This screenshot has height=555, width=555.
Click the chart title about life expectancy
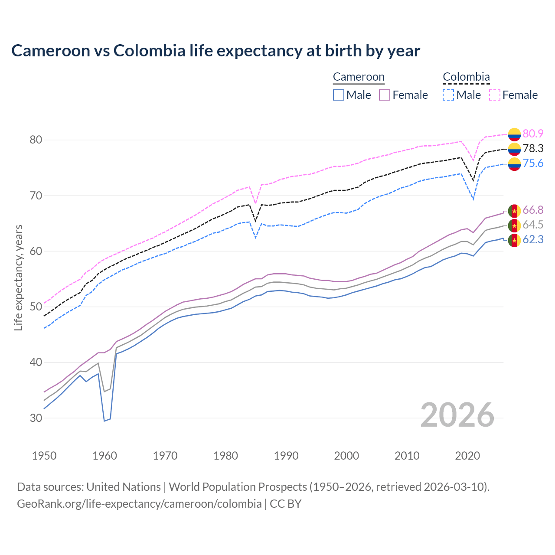pos(215,51)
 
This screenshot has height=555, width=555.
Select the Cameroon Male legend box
pos(339,95)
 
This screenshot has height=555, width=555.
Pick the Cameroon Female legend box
pos(385,95)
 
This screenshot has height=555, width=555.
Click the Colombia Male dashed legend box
pos(448,95)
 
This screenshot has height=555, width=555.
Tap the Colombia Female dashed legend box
pos(495,95)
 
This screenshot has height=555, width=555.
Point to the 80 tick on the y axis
pos(36,140)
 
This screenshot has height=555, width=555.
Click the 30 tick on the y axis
pos(36,418)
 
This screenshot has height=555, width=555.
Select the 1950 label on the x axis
pos(44,456)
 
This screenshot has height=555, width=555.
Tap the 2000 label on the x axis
pos(346,456)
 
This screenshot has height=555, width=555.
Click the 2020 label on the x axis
pos(467,456)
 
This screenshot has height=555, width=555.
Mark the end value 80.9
pos(533,134)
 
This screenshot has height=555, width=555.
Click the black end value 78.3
pos(533,148)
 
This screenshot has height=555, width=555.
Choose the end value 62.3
pos(533,239)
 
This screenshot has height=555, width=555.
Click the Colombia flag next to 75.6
pos(514,164)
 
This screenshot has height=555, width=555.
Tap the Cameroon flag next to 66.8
pos(514,211)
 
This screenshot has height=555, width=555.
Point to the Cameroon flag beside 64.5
pos(514,225)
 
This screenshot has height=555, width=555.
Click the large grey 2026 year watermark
pos(457,415)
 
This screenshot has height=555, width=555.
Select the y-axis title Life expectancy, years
pos(18,277)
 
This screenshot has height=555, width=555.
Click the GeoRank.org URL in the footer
pos(139,503)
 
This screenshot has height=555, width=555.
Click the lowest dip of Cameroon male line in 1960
pos(104,421)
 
